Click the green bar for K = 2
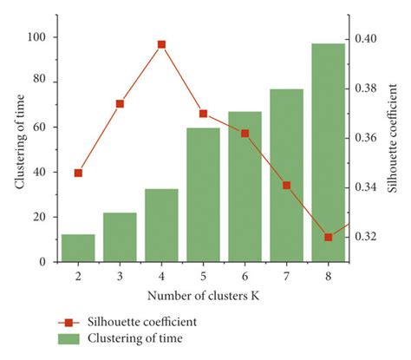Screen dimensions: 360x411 point(78,247)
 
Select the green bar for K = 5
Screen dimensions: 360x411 point(203,194)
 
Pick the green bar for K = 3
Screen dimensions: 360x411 point(120,237)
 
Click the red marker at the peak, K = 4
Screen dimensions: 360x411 point(161,44)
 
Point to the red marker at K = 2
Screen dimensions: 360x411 point(78,173)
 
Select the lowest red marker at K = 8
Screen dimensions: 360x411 point(328,237)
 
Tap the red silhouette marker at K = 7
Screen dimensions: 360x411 point(286,185)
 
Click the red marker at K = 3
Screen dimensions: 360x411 point(120,104)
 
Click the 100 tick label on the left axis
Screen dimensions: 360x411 point(36,37)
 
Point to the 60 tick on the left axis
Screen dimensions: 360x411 point(39,127)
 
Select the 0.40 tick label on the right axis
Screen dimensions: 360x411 point(368,39)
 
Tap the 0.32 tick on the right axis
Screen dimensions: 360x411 point(368,236)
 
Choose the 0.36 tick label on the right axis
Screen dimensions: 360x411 point(368,138)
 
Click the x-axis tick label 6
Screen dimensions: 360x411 point(245,275)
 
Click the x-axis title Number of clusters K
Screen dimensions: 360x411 point(201,297)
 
